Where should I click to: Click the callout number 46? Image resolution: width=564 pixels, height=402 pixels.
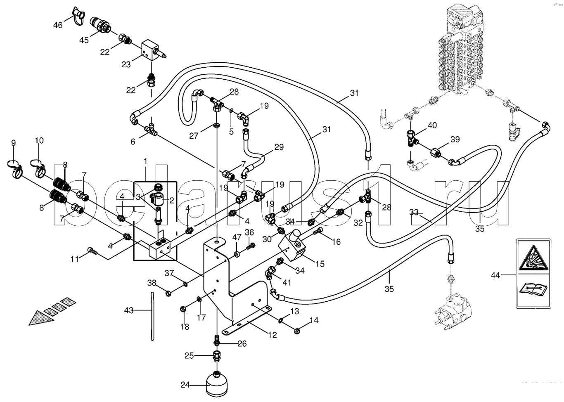click(x=58, y=25)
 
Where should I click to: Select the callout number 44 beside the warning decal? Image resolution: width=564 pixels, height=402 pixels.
click(x=495, y=275)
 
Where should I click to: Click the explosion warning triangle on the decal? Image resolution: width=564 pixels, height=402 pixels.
click(x=533, y=259)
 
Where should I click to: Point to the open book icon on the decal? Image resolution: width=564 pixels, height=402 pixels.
click(x=533, y=289)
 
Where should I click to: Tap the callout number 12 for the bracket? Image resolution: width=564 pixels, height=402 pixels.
click(x=272, y=335)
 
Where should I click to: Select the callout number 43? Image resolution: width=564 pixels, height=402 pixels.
click(x=129, y=310)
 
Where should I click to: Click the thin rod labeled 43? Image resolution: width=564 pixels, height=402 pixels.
click(x=152, y=316)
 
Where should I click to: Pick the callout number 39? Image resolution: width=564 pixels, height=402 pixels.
click(x=455, y=140)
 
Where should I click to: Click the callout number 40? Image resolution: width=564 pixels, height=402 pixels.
click(x=432, y=125)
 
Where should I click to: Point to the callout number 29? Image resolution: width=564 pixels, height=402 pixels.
click(x=280, y=147)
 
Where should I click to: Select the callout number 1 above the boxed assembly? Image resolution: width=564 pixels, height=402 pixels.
click(x=145, y=160)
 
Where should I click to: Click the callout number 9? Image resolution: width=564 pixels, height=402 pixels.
click(x=14, y=143)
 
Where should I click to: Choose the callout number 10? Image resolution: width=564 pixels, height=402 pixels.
click(x=39, y=141)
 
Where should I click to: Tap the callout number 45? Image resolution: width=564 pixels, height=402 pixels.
click(x=84, y=40)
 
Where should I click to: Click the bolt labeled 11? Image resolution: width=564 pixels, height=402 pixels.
click(x=92, y=250)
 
